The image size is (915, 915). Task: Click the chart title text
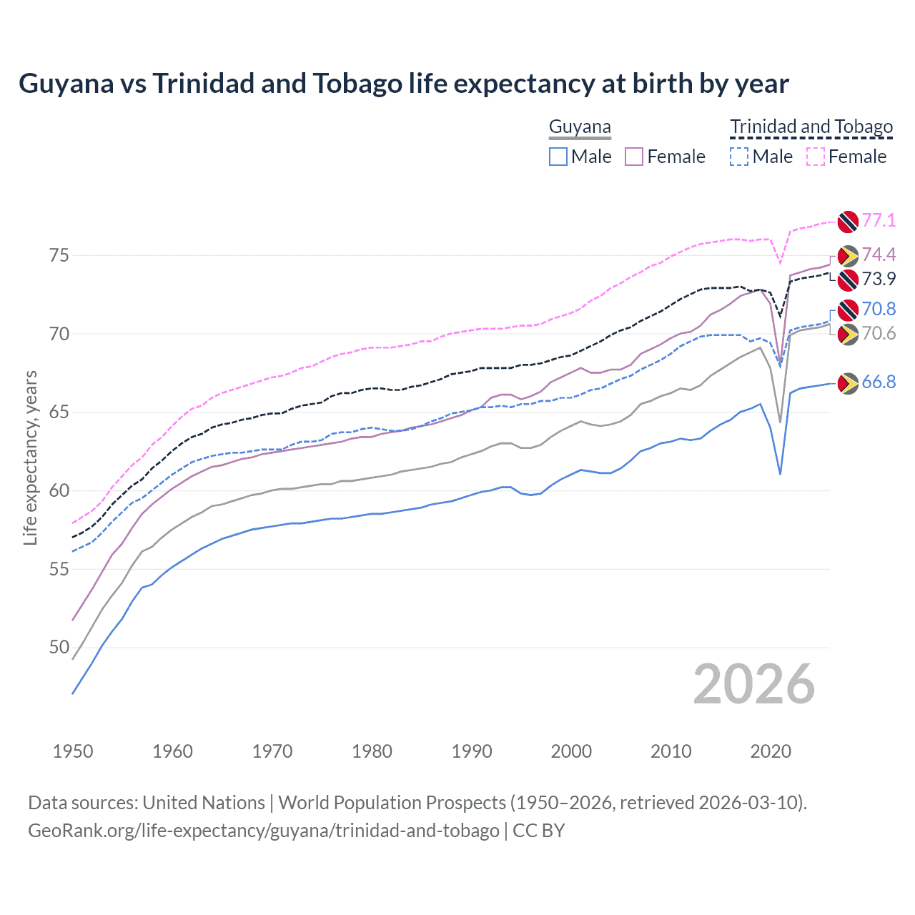[404, 84]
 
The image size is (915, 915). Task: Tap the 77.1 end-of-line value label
[879, 220]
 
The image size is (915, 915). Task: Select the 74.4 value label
[879, 255]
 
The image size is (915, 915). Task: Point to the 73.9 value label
[879, 280]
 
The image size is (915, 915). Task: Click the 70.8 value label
[879, 309]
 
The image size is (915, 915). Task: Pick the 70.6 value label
[879, 334]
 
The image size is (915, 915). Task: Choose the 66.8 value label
[879, 382]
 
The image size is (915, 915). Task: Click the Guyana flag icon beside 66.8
[848, 384]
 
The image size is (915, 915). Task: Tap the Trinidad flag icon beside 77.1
[848, 222]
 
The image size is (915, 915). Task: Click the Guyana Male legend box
[558, 157]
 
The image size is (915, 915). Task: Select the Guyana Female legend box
[634, 157]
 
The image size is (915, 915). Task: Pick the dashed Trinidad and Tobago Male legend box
[739, 157]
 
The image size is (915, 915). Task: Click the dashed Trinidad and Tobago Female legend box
[816, 157]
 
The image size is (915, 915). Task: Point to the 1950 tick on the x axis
[73, 751]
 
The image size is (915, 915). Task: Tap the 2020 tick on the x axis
[771, 751]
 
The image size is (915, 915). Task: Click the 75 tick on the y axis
[59, 255]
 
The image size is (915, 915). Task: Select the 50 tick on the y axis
[59, 648]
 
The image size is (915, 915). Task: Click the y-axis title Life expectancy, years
[30, 457]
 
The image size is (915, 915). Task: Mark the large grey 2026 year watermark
[754, 684]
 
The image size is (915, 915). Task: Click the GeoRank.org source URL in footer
[264, 831]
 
